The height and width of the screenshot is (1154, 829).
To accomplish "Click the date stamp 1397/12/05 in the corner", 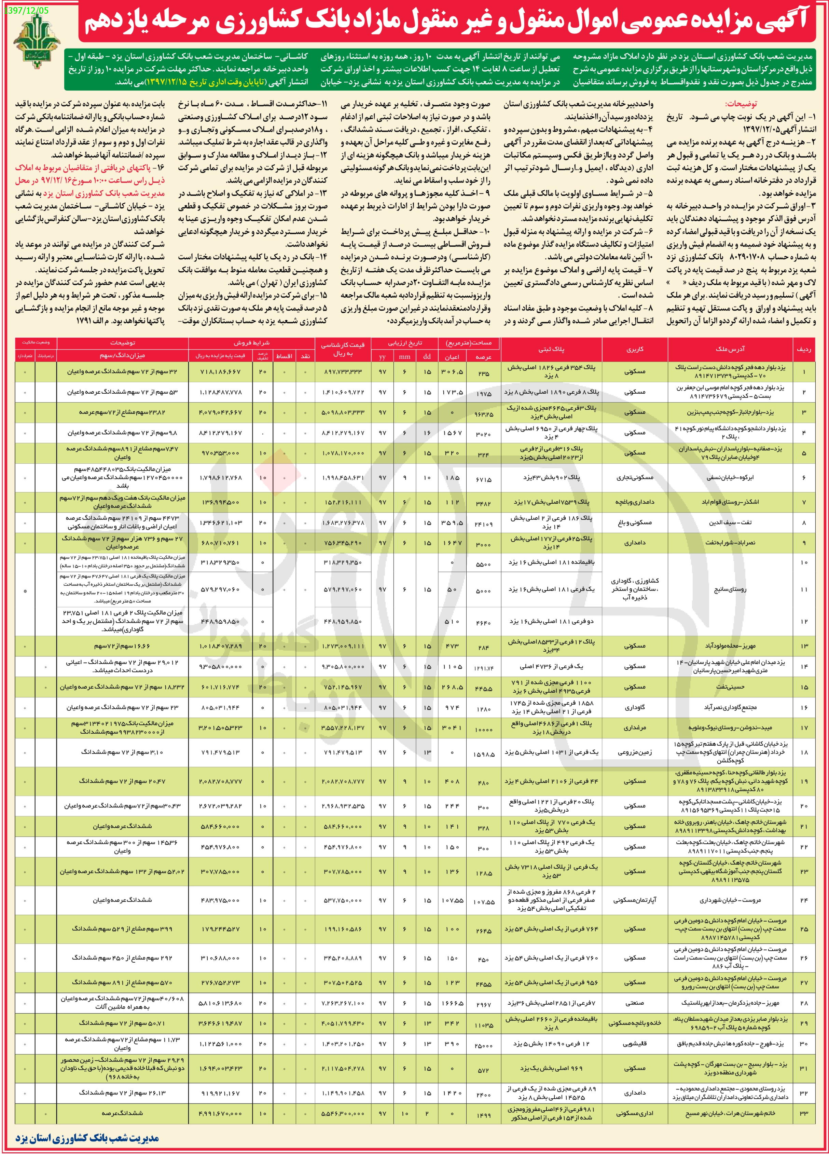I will pos(19,10).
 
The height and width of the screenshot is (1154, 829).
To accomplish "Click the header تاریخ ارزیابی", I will pos(404,343).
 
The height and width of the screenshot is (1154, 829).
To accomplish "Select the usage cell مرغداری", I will pos(635,728).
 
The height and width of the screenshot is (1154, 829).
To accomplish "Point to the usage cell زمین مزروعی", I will pos(635,752).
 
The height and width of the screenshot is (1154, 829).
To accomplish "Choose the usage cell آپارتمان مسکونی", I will pos(635,900).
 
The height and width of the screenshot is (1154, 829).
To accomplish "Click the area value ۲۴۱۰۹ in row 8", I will pos(483,523).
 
